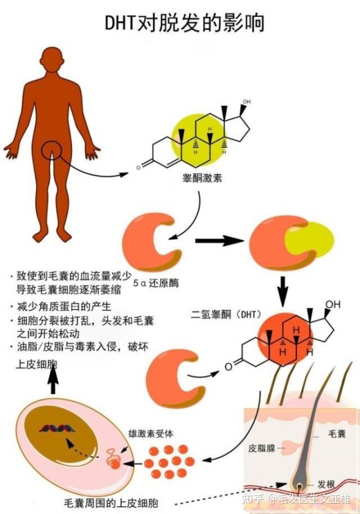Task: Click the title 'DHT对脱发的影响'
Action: coord(184,23)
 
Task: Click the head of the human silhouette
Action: coord(54,59)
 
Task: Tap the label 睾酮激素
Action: coord(202,178)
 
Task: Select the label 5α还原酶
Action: coord(156,283)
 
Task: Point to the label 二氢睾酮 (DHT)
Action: coord(226,314)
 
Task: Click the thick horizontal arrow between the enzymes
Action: coord(219,241)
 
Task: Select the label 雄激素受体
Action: coord(151,434)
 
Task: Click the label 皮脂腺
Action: coord(262,448)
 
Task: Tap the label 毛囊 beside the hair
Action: coord(337,433)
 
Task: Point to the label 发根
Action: coord(326,484)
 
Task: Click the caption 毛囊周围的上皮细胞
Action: coord(111,502)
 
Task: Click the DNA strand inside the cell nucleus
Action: coord(57,428)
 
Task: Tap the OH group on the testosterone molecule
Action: coord(246,101)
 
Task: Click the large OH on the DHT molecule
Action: coord(332,304)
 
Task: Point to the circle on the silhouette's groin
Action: coord(52,150)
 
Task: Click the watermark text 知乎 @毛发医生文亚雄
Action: coord(296,499)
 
